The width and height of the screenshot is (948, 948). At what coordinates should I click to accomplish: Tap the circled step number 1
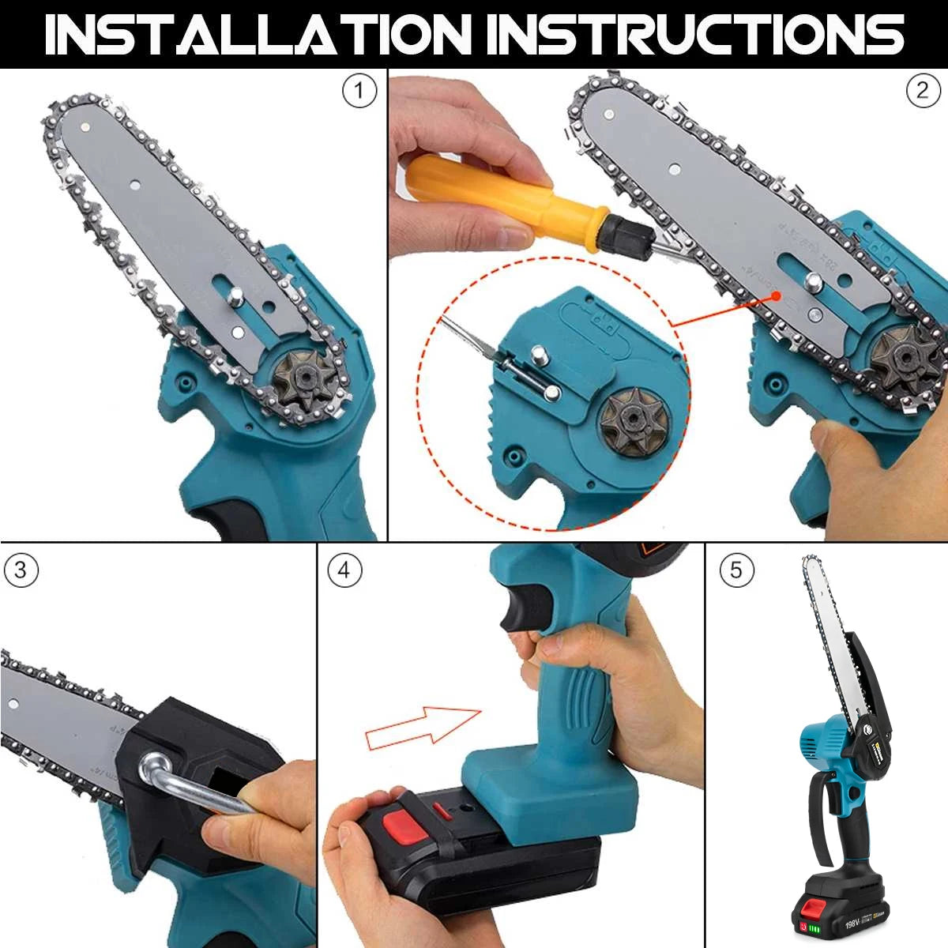(x=359, y=92)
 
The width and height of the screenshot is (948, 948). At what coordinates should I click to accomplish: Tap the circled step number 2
(x=922, y=92)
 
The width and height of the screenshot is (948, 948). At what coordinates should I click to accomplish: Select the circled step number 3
(x=21, y=571)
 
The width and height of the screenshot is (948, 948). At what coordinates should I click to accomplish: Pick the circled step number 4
(x=344, y=570)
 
